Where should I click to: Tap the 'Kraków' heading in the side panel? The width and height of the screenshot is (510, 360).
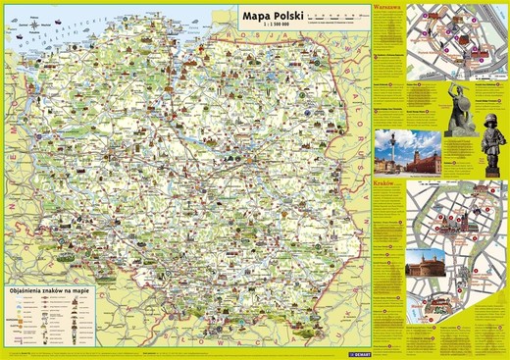383,182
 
